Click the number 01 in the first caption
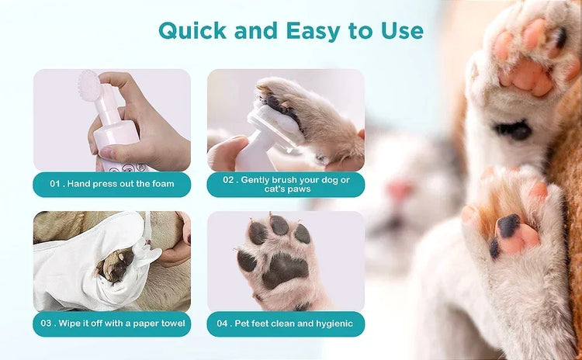[x=55, y=184]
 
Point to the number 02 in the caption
[x=229, y=179]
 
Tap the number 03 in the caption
[x=55, y=324]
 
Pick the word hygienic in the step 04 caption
[x=331, y=324]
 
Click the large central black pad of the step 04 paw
[x=283, y=268]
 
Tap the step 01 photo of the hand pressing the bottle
[x=112, y=120]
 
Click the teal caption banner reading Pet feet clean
[x=286, y=324]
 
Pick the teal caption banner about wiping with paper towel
[x=112, y=324]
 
